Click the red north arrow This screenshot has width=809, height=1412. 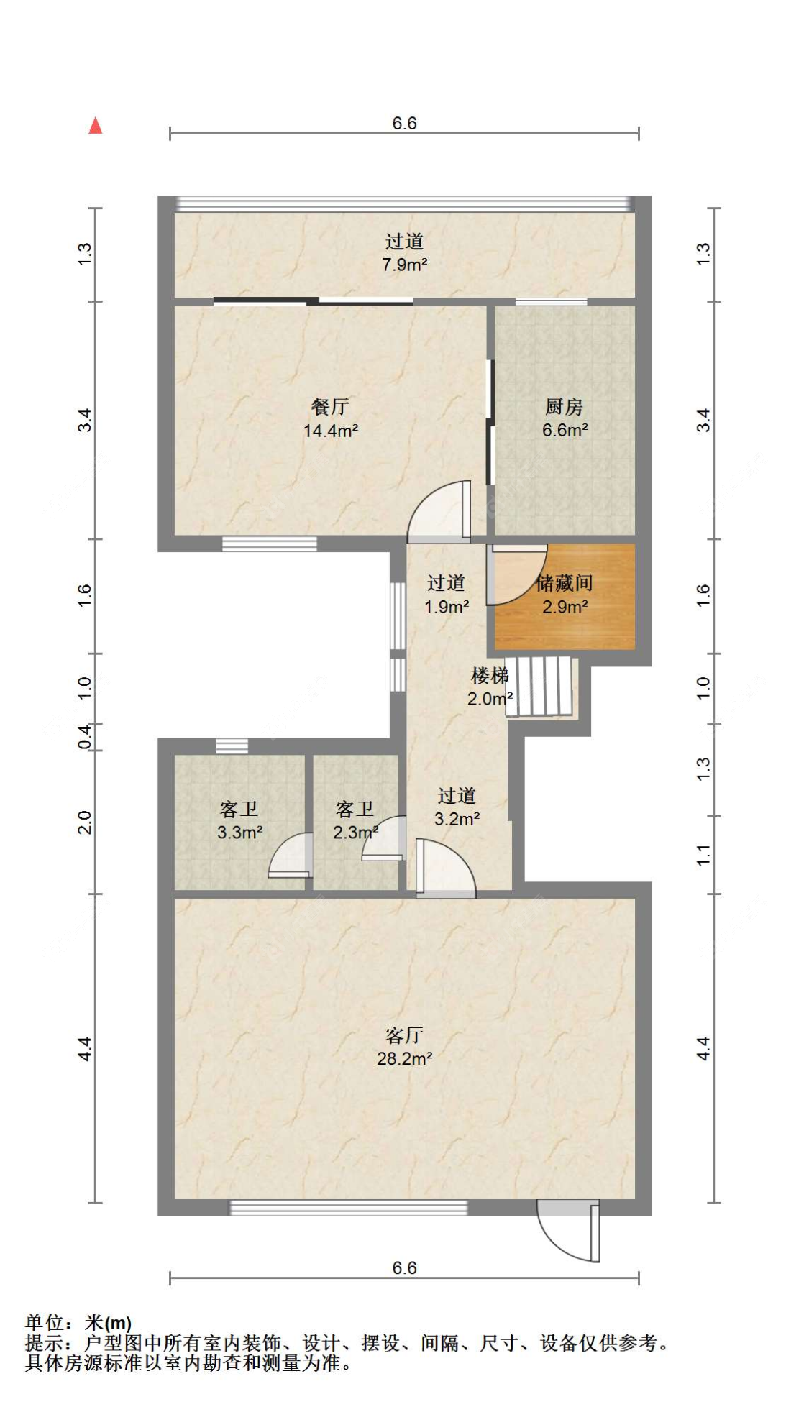[x=95, y=126]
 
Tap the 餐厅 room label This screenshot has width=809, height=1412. [x=330, y=407]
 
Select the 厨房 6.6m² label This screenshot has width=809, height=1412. [x=565, y=418]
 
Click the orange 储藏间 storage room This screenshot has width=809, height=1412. [x=565, y=597]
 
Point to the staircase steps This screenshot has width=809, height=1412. [x=540, y=686]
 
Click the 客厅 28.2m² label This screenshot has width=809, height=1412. [x=404, y=1046]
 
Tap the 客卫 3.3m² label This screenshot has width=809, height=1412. [x=239, y=820]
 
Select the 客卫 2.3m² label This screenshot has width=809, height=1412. [x=355, y=820]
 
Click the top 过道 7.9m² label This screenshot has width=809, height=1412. [x=404, y=252]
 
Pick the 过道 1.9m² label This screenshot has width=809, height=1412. [x=447, y=595]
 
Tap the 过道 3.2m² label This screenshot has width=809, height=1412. [x=457, y=807]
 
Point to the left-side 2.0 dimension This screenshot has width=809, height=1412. [x=85, y=822]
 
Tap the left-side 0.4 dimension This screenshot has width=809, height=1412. [x=85, y=737]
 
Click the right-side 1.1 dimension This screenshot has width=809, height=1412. [x=703, y=856]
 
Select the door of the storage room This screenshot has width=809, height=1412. [x=516, y=574]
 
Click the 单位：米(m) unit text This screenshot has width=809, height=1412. [x=79, y=1322]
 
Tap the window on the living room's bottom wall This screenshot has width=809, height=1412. [x=348, y=1208]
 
